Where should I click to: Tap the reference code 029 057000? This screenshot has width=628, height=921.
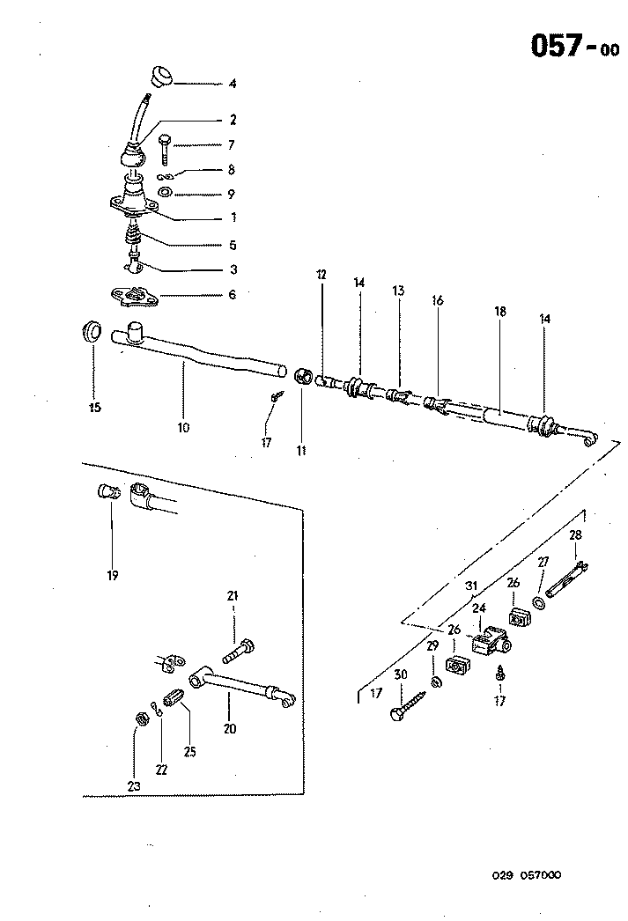pyautogui.click(x=526, y=874)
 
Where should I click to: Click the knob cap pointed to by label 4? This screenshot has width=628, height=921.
pyautogui.click(x=160, y=74)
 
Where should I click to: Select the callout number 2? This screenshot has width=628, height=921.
pyautogui.click(x=233, y=119)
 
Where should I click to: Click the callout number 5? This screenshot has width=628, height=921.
pyautogui.click(x=233, y=245)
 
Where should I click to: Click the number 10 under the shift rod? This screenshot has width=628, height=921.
pyautogui.click(x=183, y=428)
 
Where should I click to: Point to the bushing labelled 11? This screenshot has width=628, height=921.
pyautogui.click(x=302, y=376)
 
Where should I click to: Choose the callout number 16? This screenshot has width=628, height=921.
pyautogui.click(x=438, y=300)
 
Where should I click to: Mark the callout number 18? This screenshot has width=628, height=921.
pyautogui.click(x=499, y=311)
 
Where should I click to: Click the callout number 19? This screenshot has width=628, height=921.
pyautogui.click(x=112, y=576)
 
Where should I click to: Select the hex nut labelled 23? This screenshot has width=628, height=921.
pyautogui.click(x=139, y=719)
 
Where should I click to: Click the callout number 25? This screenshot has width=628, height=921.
pyautogui.click(x=189, y=751)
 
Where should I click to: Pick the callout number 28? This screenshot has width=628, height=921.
pyautogui.click(x=575, y=535)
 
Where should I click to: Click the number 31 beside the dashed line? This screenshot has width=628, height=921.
pyautogui.click(x=471, y=585)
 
